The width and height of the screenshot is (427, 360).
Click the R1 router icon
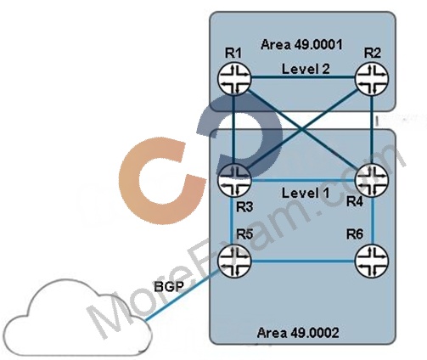pyautogui.click(x=234, y=79)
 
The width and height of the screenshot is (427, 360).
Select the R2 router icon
pyautogui.click(x=372, y=79)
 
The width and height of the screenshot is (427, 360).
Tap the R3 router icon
pyautogui.click(x=234, y=180)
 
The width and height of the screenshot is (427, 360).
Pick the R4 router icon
pyautogui.click(x=372, y=180)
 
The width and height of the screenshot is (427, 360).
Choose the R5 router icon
pyautogui.click(x=234, y=261)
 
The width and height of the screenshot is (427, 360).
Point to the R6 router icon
pyautogui.click(x=372, y=261)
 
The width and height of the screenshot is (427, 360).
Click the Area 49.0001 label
pyautogui.click(x=301, y=45)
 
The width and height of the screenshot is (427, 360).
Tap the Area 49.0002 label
pyautogui.click(x=298, y=333)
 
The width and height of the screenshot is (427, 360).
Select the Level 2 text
pyautogui.click(x=306, y=69)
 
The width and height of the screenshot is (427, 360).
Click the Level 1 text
pyautogui.click(x=306, y=193)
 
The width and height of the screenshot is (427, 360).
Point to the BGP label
pyautogui.click(x=169, y=287)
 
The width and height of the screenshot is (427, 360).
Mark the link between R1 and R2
pyautogui.click(x=303, y=77)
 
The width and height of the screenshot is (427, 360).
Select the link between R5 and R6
pyautogui.click(x=303, y=262)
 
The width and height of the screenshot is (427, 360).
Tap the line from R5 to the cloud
pyautogui.click(x=182, y=295)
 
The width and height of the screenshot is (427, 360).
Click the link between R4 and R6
pyautogui.click(x=374, y=220)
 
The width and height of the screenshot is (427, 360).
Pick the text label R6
pyautogui.click(x=355, y=234)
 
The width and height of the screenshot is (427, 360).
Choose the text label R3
pyautogui.click(x=244, y=207)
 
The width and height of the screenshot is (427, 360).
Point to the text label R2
pyautogui.click(x=372, y=53)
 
